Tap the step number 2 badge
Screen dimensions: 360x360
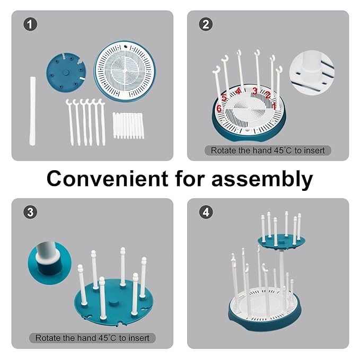tap(205, 24)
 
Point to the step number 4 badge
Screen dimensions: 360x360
tap(205, 212)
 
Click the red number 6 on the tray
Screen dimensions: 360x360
tap(218, 108)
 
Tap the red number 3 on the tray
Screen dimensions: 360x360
tap(255, 92)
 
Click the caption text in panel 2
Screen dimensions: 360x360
tap(267, 150)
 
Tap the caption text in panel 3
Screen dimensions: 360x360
tap(92, 337)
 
